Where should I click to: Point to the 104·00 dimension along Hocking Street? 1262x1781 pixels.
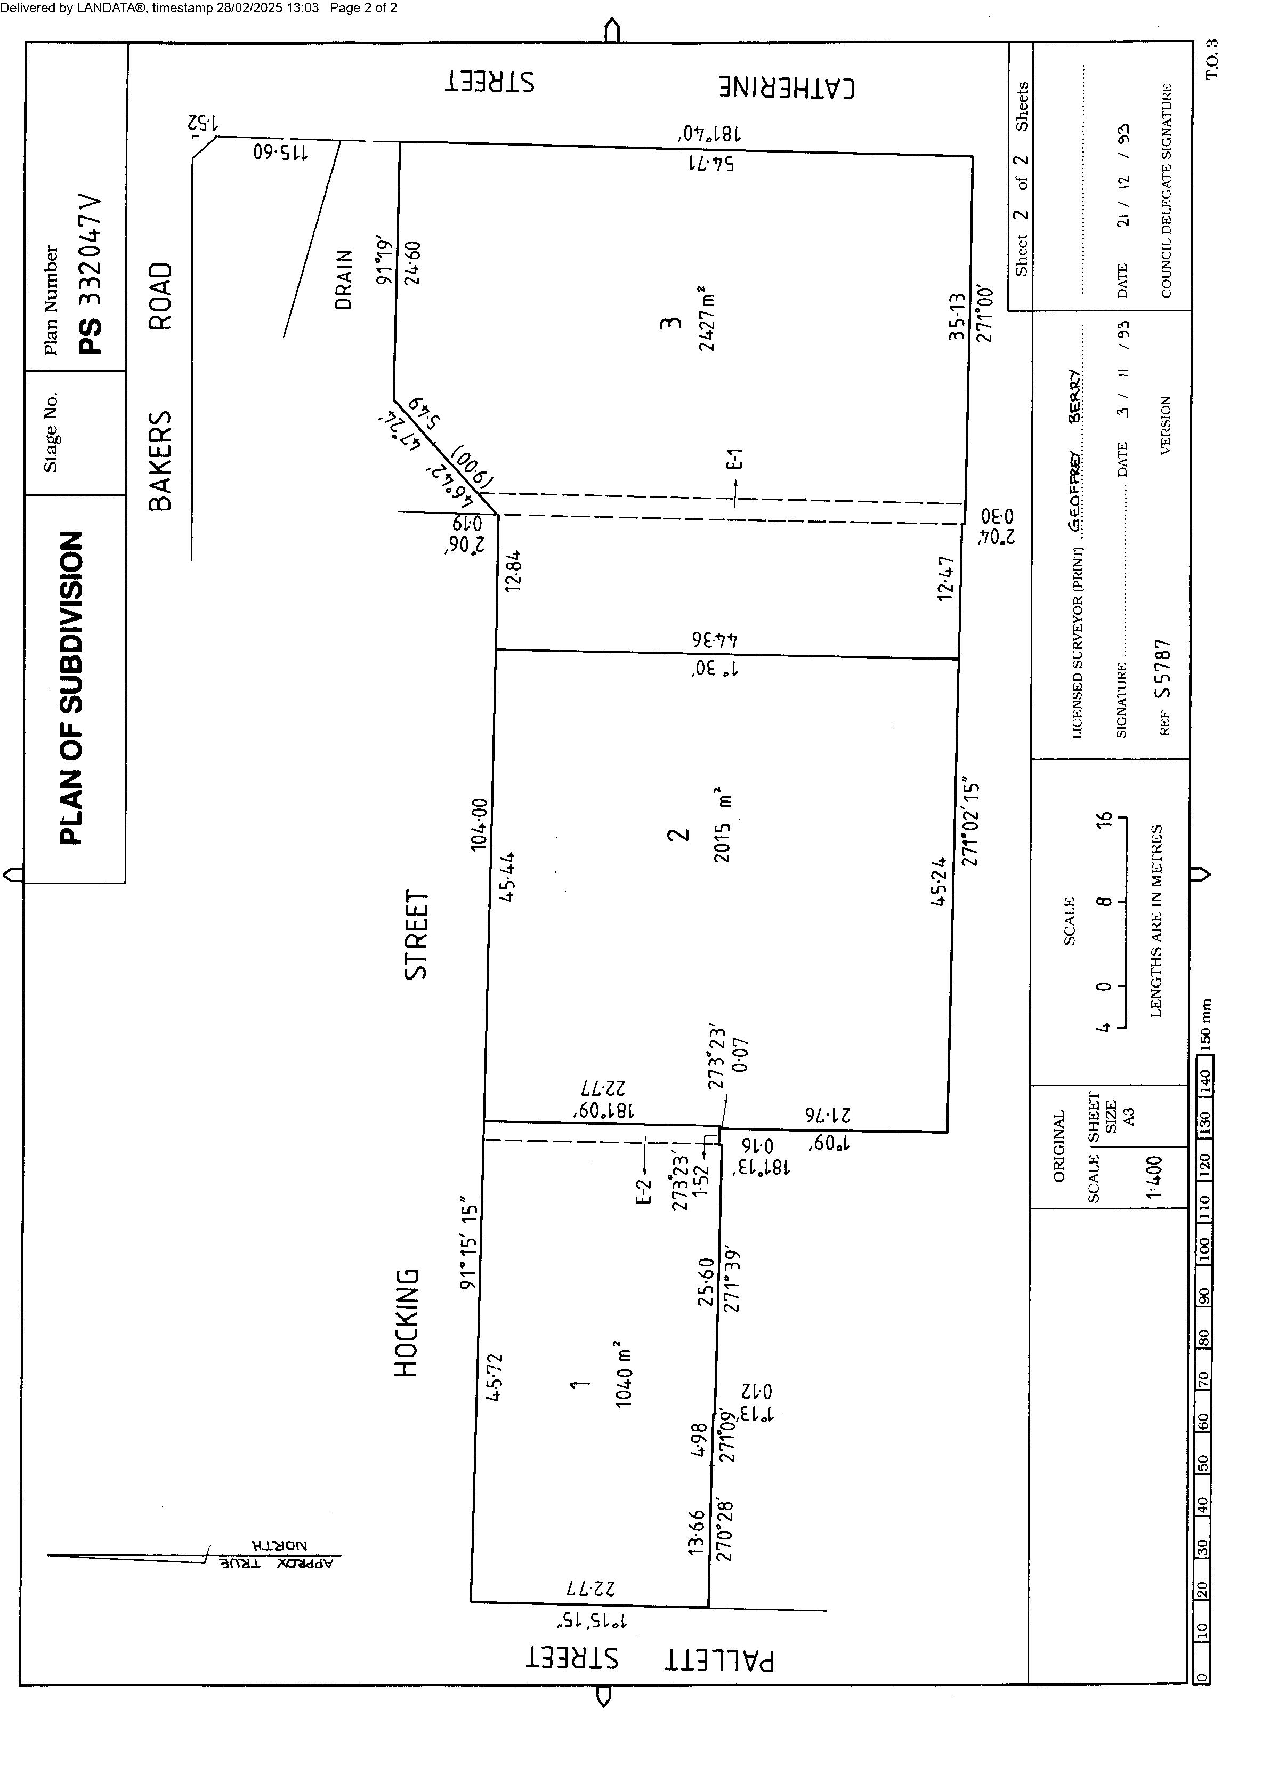click(x=479, y=824)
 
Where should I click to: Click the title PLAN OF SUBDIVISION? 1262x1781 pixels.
click(x=71, y=688)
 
